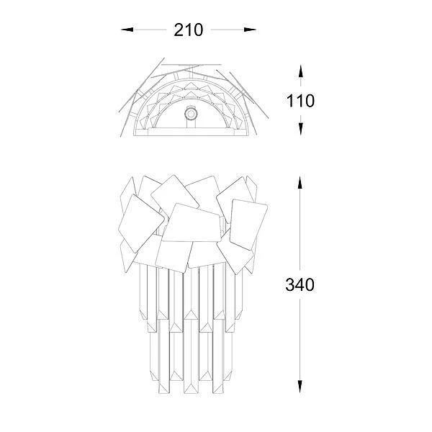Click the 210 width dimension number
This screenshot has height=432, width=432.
point(189,30)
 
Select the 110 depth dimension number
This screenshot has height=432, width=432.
point(300,101)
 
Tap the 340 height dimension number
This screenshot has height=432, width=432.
point(300,284)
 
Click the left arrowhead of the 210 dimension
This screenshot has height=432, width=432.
point(127,30)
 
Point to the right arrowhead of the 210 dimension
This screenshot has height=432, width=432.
point(250,30)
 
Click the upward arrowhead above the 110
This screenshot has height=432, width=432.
point(300,71)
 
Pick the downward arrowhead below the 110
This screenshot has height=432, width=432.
point(300,129)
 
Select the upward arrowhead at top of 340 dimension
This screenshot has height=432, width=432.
point(300,182)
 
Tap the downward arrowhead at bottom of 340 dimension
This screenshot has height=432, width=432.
point(300,387)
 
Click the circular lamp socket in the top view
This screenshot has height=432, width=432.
point(190,114)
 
